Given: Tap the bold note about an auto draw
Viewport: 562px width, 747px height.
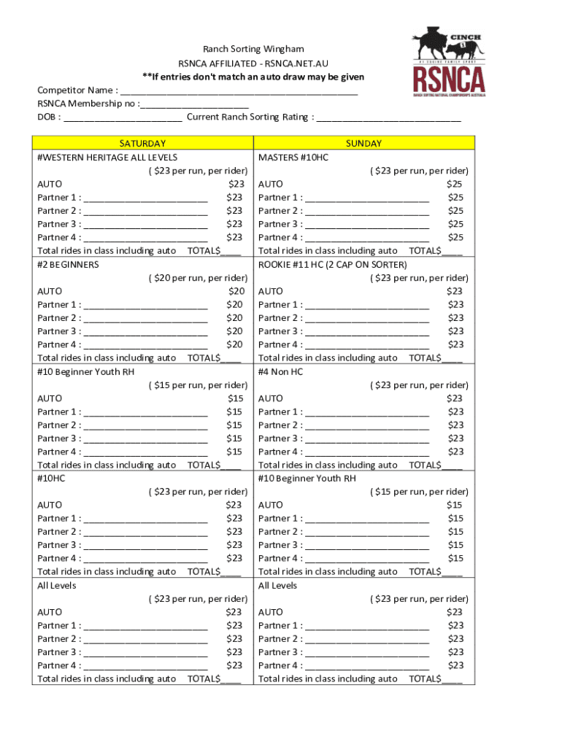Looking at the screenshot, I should [x=253, y=77].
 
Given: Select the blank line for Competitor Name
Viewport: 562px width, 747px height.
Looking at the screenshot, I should [x=239, y=91].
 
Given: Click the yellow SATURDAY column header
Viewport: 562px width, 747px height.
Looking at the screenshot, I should [x=142, y=144].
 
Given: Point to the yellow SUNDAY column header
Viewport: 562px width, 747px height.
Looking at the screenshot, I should [x=363, y=144].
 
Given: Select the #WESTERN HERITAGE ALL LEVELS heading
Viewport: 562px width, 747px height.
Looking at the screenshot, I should [x=107, y=158].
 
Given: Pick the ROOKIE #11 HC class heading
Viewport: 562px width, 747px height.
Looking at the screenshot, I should [x=333, y=264].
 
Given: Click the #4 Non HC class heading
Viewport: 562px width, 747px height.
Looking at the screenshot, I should [x=280, y=371].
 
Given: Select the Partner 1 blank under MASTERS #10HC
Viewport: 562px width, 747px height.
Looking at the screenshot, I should [x=367, y=198].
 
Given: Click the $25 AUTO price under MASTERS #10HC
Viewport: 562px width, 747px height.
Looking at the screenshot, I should [x=455, y=185].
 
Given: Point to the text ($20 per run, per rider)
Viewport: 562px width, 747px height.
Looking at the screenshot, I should [x=198, y=278].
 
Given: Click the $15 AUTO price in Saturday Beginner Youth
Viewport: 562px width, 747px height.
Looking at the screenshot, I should [x=235, y=398].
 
